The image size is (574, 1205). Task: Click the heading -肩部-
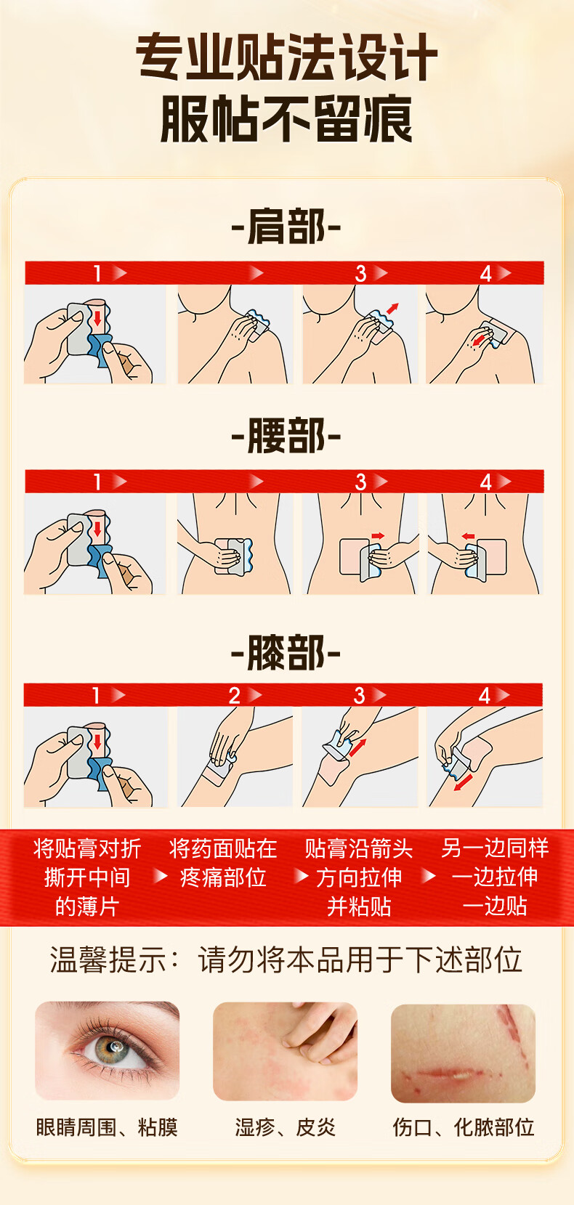click(x=286, y=227)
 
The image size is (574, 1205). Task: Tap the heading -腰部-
click(x=286, y=435)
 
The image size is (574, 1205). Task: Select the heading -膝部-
click(x=286, y=652)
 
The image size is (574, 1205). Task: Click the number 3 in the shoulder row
click(x=361, y=274)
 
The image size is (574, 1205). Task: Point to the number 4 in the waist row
click(x=486, y=482)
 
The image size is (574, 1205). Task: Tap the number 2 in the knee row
click(x=235, y=696)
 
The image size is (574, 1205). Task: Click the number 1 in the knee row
click(x=97, y=696)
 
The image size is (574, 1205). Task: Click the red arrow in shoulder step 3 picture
click(x=392, y=308)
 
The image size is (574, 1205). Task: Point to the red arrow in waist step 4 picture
click(x=468, y=536)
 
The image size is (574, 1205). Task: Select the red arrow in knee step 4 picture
click(x=463, y=782)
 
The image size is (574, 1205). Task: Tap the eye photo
click(x=107, y=1050)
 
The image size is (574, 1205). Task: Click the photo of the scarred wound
click(x=463, y=1053)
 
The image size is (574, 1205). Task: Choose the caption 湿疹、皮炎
click(x=285, y=1127)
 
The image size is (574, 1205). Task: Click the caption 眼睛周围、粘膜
click(x=107, y=1127)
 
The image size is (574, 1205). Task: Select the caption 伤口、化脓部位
click(x=463, y=1127)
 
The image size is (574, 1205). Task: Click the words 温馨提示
click(x=108, y=960)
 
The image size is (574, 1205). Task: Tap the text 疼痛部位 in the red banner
click(x=223, y=877)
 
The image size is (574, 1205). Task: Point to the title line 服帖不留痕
click(x=286, y=119)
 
